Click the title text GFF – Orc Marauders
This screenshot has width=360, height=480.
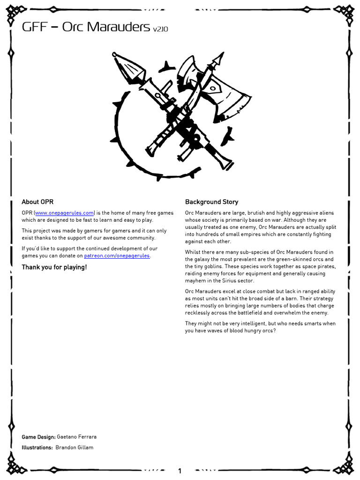point(86,27)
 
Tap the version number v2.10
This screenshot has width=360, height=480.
point(160,29)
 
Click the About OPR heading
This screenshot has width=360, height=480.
point(37,202)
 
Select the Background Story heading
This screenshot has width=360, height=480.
point(211,202)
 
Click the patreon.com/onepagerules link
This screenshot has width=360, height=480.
point(117,256)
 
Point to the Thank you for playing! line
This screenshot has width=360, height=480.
point(54,267)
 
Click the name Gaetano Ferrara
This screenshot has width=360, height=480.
point(76,437)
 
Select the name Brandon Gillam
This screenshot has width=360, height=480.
point(74,448)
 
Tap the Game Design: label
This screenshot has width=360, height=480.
point(38,437)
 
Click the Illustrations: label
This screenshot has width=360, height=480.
point(37,448)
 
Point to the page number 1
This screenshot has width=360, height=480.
point(180,471)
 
